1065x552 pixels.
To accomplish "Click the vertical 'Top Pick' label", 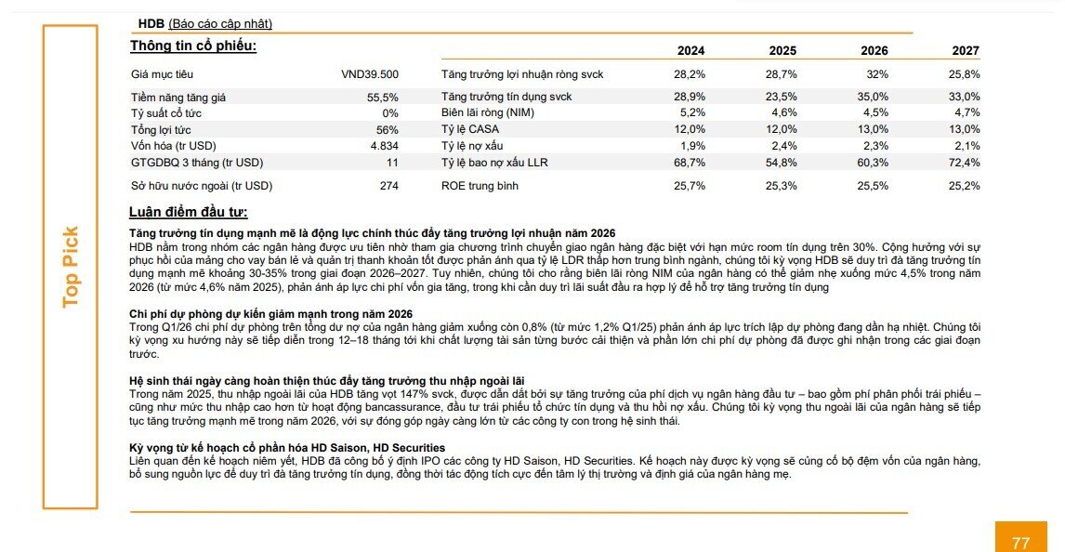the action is point(71,267).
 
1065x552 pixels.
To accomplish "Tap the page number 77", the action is point(1020,543).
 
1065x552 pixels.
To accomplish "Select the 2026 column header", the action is point(874,51).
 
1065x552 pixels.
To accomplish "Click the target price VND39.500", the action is point(370,74).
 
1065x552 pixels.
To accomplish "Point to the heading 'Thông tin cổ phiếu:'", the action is point(193,46).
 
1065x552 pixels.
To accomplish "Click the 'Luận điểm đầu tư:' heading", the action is point(188,212).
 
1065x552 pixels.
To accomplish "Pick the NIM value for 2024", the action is point(692,112).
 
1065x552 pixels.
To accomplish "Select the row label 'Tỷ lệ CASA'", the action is point(470,129).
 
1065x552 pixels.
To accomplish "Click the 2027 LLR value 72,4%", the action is point(965,163).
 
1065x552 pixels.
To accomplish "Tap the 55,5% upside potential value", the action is point(383,97).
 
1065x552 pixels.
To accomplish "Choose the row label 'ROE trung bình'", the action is point(480,186).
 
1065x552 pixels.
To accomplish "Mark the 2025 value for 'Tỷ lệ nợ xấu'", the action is point(784,146).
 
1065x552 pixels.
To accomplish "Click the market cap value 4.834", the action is point(385,146).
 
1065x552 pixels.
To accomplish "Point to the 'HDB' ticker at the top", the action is point(151,24).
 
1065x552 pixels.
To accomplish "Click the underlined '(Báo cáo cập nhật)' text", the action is point(220,24).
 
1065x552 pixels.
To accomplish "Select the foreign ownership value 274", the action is point(389,186).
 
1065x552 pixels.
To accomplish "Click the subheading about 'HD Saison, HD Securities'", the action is point(287,448).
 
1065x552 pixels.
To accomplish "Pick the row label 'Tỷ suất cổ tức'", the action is point(166,113).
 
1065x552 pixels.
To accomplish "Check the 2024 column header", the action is point(690,51).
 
